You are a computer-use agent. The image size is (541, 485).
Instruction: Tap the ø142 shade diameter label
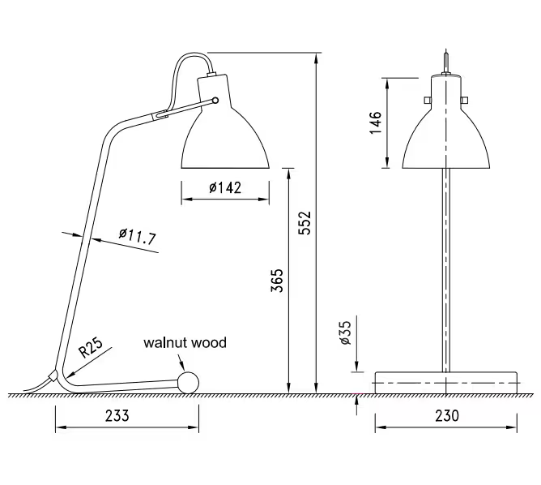[224, 188]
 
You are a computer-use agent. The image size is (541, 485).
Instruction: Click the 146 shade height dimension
[376, 123]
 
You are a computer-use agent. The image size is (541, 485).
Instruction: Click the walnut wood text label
[185, 342]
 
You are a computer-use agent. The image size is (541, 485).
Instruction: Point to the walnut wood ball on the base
[190, 382]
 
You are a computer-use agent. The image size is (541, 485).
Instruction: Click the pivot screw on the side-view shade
[215, 100]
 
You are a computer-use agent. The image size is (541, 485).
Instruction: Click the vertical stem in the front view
[445, 268]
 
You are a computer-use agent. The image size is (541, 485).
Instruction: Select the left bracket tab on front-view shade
[426, 99]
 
